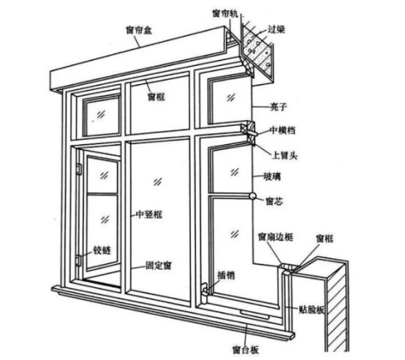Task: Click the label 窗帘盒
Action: pyautogui.click(x=139, y=30)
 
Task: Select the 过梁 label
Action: pyautogui.click(x=276, y=29)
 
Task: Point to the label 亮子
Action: pyautogui.click(x=279, y=107)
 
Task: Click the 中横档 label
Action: pyautogui.click(x=283, y=130)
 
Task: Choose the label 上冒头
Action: pyautogui.click(x=284, y=156)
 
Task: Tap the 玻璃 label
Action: pyautogui.click(x=272, y=177)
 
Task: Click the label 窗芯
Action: pyautogui.click(x=274, y=201)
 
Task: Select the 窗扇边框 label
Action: pyautogui.click(x=276, y=237)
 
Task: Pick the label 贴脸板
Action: pyautogui.click(x=311, y=310)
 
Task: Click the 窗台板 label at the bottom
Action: pyautogui.click(x=246, y=350)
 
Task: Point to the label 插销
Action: pyautogui.click(x=227, y=276)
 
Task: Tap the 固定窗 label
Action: pyautogui.click(x=159, y=266)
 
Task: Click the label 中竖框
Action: pyautogui.click(x=149, y=214)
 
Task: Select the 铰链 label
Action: pyautogui.click(x=102, y=250)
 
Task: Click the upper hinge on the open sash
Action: pyautogui.click(x=79, y=169)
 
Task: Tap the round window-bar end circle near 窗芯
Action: pyautogui.click(x=252, y=196)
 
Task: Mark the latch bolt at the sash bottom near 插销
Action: pyautogui.click(x=205, y=293)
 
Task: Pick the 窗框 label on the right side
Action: pyautogui.click(x=325, y=239)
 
